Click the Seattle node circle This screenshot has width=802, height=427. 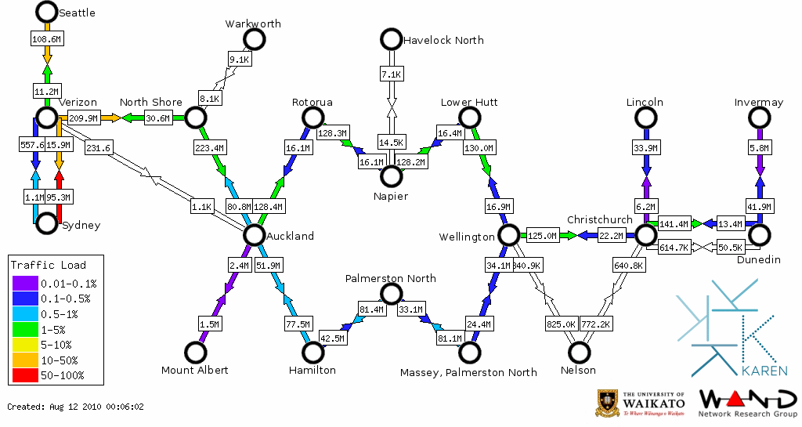coord(47,12)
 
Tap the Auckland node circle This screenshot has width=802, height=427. coord(253,235)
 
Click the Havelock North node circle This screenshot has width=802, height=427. coord(390,39)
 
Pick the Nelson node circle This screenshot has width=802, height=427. coord(580,353)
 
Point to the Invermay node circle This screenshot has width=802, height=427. coord(759,118)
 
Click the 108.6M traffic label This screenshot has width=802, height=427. coord(47,38)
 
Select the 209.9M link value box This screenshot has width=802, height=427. coord(83,118)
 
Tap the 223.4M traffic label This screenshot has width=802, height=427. coord(209,147)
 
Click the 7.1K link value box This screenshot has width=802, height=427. coord(391,74)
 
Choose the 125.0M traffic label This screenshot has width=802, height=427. coord(541,235)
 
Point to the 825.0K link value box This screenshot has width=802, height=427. coord(561,323)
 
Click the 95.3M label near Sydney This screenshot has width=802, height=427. coord(59,197)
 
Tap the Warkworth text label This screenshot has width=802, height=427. coord(252,24)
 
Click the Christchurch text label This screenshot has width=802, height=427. coord(599,219)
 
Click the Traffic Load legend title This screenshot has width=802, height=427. coord(49,265)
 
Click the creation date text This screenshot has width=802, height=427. coord(76,407)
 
